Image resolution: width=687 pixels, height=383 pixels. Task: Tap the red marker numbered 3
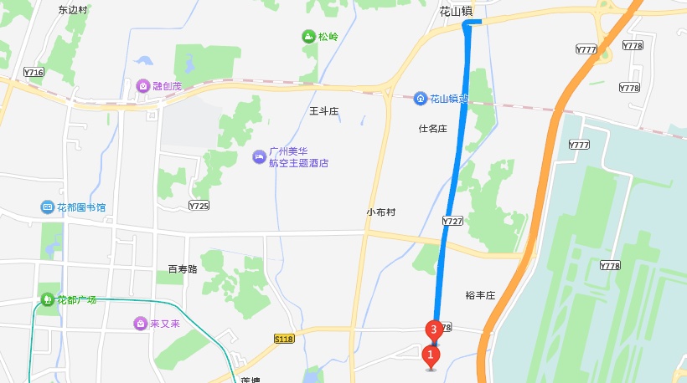433,329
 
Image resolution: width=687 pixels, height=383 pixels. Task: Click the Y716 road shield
34,73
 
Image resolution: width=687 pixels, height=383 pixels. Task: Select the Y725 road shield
199,205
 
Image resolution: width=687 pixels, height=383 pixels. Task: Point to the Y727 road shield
452,221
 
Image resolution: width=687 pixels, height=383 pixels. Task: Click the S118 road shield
285,338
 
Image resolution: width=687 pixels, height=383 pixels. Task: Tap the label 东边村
74,10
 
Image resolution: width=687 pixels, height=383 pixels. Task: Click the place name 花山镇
457,12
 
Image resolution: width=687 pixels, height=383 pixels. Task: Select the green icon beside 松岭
307,37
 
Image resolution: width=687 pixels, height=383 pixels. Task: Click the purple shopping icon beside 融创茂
143,86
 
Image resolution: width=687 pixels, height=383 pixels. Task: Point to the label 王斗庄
323,110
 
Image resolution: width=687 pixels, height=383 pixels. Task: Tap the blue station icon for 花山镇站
421,99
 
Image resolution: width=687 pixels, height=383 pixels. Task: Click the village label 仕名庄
434,129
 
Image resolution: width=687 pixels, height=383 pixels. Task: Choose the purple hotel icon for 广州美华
259,156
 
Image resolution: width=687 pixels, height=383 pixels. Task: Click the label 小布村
380,212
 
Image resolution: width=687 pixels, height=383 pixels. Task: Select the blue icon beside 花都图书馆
47,207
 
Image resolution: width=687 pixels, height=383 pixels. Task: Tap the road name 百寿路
182,269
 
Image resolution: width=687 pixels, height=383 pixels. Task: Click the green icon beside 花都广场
49,299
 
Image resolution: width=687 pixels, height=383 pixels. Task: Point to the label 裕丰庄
481,295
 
